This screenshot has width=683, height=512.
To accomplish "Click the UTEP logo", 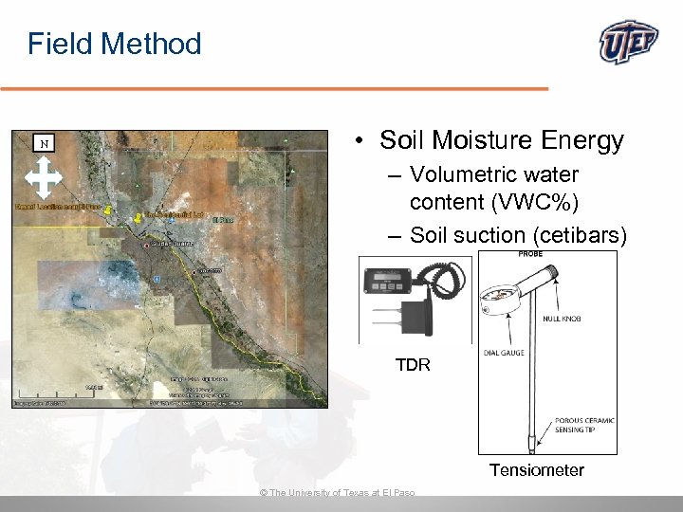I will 629,43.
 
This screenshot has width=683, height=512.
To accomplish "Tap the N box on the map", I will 43,144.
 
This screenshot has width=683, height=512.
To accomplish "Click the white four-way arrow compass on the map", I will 43,178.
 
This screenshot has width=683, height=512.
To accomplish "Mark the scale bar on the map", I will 94,387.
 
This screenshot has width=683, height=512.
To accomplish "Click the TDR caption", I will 413,364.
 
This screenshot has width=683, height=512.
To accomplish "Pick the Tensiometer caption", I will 536,470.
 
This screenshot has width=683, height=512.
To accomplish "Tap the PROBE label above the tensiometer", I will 530,254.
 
